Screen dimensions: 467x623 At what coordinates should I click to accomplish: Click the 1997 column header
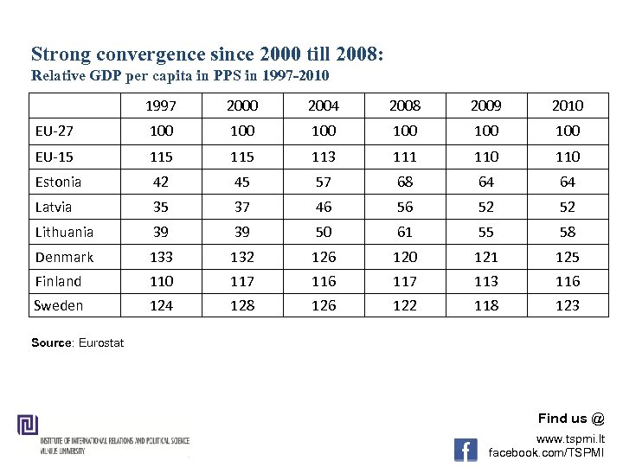pos(161,106)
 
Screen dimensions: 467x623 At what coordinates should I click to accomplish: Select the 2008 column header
pos(405,106)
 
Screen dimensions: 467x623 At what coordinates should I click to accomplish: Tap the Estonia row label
pos(58,182)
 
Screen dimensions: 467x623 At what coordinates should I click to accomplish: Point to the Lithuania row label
pos(64,232)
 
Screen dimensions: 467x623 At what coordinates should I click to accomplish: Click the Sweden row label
pos(58,305)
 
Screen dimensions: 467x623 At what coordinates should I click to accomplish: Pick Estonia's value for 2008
pos(405,182)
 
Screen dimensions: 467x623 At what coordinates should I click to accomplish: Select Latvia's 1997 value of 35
pos(161,207)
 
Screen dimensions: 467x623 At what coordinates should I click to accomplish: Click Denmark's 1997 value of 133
pos(161,257)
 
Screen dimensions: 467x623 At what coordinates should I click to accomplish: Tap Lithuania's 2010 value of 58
pos(568,232)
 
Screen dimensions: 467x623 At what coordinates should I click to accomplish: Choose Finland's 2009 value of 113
pos(486,281)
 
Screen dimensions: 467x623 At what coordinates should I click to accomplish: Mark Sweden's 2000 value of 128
pos(242,305)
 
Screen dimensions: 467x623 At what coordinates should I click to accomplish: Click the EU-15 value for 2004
pos(324,157)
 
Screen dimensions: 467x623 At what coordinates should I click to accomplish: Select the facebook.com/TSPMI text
pos(547,453)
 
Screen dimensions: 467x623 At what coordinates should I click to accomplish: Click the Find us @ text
pos(571,419)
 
